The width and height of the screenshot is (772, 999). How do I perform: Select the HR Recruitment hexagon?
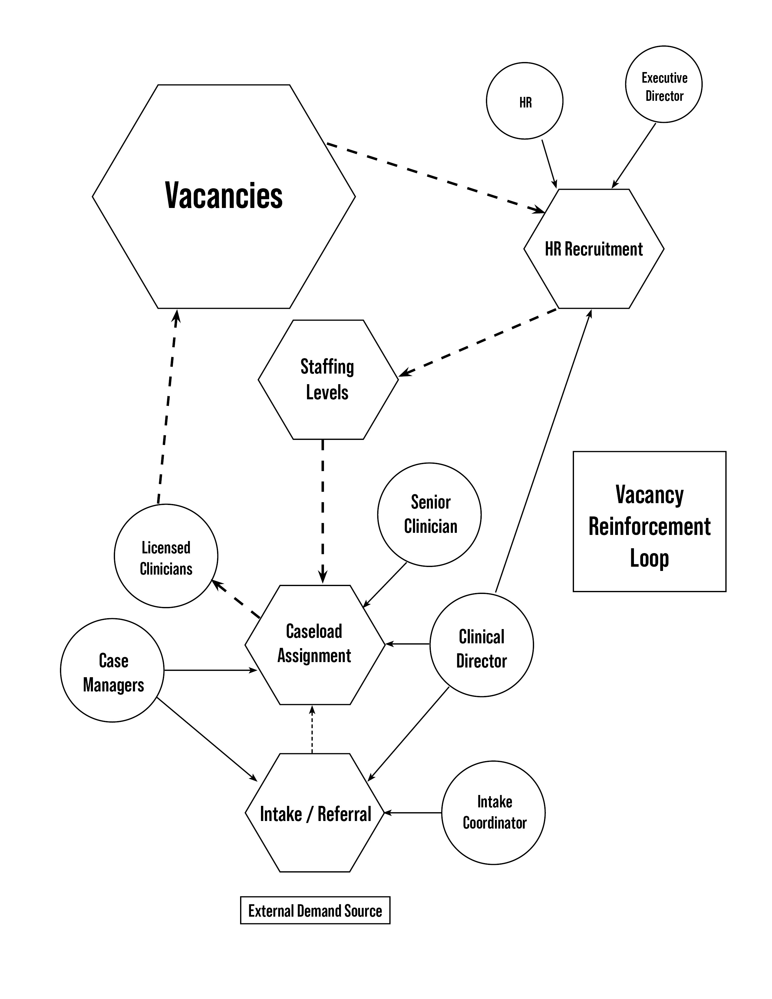(594, 249)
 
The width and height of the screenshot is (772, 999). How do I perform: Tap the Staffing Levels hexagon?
(328, 380)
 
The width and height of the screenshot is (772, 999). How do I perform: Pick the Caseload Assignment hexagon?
(315, 645)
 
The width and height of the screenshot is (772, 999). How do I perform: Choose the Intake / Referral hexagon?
(315, 814)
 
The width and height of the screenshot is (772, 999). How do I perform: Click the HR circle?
(525, 101)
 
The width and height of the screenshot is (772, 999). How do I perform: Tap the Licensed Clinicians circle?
(166, 556)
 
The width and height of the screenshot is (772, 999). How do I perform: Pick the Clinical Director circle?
(482, 645)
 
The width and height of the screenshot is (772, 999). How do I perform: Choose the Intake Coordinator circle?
(493, 813)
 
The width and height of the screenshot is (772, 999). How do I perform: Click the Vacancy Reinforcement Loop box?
(649, 522)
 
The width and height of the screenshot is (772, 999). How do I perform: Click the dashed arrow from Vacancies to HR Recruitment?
(434, 178)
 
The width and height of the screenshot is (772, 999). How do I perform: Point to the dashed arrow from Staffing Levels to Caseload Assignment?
(323, 510)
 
